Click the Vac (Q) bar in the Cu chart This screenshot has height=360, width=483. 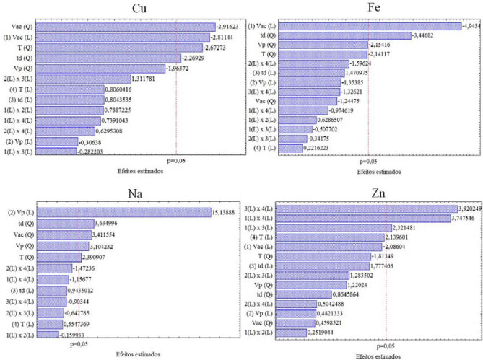coord(123,27)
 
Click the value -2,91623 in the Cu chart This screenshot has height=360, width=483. coord(232,27)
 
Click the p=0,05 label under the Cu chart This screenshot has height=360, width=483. coord(175,162)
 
